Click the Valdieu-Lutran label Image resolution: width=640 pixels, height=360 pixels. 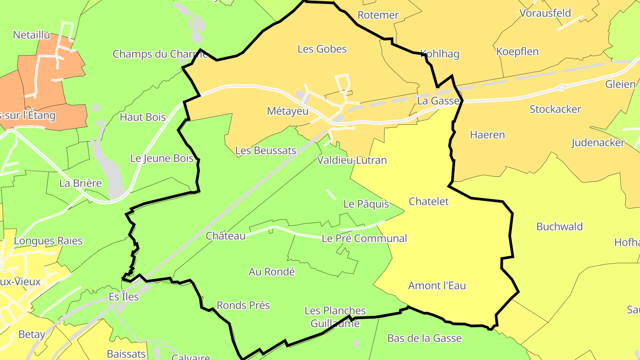[352, 160]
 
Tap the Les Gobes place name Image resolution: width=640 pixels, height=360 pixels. [322, 49]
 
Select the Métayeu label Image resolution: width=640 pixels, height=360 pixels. [288, 111]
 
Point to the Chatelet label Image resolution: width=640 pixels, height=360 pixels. [428, 201]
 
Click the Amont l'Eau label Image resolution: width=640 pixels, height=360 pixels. [437, 285]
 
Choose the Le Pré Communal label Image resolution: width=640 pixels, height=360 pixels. [364, 238]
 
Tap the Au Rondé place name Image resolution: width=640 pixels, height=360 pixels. [272, 272]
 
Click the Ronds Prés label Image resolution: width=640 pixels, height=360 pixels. [243, 305]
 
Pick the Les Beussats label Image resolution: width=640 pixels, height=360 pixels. [265, 151]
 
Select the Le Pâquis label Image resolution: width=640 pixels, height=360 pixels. [366, 204]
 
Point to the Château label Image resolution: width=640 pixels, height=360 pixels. [225, 236]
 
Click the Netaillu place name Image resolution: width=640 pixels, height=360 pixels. [32, 35]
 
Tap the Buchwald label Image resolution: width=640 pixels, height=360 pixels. [560, 227]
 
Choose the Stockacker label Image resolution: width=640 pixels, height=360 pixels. [555, 109]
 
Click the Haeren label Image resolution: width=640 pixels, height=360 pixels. [488, 135]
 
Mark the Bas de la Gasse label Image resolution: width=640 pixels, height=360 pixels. [424, 338]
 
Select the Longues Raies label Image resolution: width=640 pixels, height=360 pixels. [48, 241]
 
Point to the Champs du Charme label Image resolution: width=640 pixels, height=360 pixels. [160, 54]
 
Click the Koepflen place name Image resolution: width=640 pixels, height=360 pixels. [517, 52]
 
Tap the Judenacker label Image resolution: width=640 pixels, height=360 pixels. [598, 143]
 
